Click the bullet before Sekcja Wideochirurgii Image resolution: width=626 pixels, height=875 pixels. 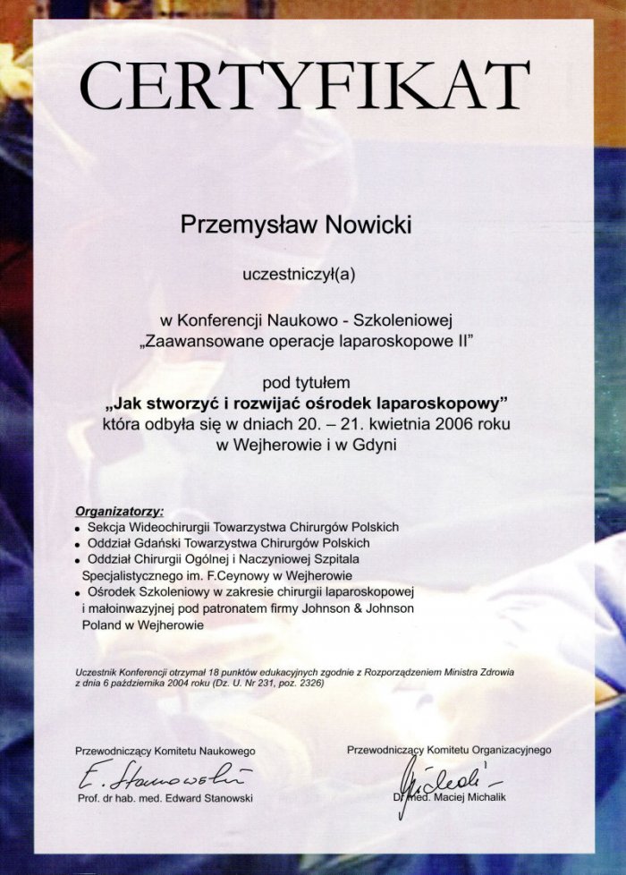click(80, 529)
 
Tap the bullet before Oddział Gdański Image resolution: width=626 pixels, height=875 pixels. click(80, 544)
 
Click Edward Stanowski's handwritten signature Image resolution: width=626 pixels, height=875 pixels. click(165, 772)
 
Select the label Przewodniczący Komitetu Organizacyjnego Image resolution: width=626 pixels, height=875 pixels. click(449, 749)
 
